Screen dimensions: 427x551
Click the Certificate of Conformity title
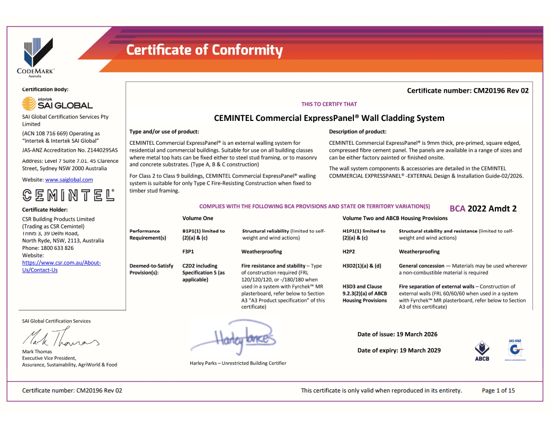205,50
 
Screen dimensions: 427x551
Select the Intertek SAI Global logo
57,103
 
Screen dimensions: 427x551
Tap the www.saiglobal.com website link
69,180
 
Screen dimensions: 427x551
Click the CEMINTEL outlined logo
68,195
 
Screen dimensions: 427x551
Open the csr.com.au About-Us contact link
61,266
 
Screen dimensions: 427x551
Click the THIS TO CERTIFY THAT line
329,104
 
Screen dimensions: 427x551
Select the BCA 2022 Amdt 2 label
483,208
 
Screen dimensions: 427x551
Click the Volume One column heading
198,218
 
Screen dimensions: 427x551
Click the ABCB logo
482,352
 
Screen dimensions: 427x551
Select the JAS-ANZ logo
513,350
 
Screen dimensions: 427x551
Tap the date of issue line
397,334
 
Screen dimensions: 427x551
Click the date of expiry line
399,350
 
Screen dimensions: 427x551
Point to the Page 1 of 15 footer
498,391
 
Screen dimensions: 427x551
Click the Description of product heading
358,132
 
